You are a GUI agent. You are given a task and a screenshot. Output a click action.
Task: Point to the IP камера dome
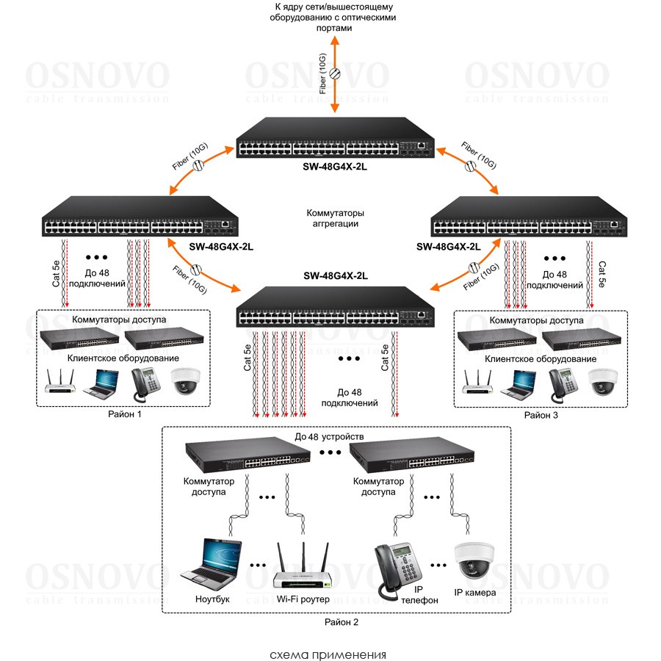474,563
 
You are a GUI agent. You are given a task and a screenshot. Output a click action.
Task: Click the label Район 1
123,414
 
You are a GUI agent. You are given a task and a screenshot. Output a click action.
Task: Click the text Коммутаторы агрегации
335,218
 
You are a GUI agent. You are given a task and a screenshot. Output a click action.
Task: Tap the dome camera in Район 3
604,381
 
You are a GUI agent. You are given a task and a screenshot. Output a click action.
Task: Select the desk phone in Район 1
145,382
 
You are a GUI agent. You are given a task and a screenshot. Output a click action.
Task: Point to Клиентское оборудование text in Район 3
541,359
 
